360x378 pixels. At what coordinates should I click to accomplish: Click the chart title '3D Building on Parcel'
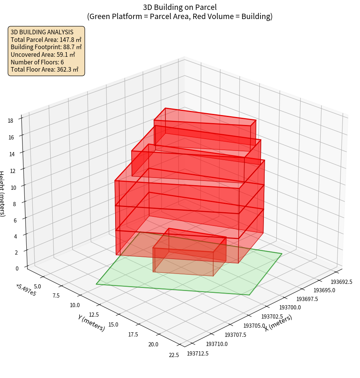pyautogui.click(x=180, y=7)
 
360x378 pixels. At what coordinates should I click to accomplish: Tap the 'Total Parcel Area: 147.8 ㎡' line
pyautogui.click(x=46, y=40)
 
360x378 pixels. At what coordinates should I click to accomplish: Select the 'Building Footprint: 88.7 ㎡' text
pyautogui.click(x=46, y=47)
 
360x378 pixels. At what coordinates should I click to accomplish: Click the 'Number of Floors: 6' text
pyautogui.click(x=37, y=62)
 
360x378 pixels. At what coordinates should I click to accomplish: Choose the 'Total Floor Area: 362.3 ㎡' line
pyautogui.click(x=45, y=69)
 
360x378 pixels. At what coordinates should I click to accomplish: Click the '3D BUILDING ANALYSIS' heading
pyautogui.click(x=42, y=32)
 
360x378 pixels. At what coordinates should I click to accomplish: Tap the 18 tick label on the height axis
pyautogui.click(x=10, y=121)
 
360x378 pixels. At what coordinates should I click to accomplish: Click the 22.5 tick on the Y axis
pyautogui.click(x=174, y=355)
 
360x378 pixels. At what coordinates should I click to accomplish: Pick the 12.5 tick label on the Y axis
pyautogui.click(x=93, y=314)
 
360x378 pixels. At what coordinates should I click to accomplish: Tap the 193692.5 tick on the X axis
pyautogui.click(x=341, y=282)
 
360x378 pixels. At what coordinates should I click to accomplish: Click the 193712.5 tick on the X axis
pyautogui.click(x=198, y=354)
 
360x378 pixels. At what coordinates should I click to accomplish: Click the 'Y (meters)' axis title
pyautogui.click(x=91, y=323)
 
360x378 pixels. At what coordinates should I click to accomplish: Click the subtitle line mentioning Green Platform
pyautogui.click(x=180, y=16)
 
